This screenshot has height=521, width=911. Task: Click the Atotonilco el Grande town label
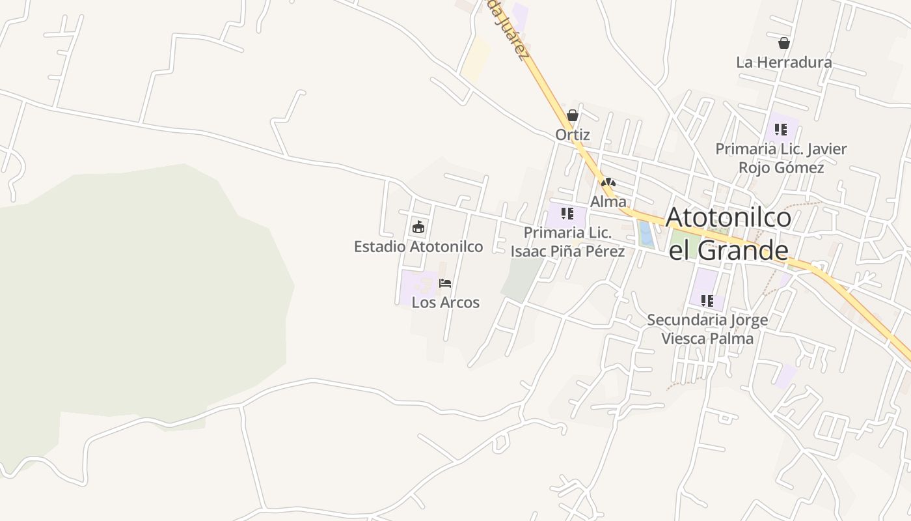[x=728, y=233]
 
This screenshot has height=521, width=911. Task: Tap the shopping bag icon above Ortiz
[x=573, y=116]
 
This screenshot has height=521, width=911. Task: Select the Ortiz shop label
[x=573, y=135]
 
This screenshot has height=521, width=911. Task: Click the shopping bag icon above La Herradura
[x=784, y=43]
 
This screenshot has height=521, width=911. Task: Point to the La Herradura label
[x=783, y=63]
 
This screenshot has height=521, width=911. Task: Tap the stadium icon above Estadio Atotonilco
[x=418, y=227]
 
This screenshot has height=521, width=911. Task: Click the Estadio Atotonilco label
[x=418, y=247]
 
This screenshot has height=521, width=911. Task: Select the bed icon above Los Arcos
[x=445, y=283]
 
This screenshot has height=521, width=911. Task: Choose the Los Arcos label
[x=446, y=303]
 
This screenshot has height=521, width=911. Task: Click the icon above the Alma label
[x=608, y=182]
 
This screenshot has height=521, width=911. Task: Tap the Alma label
[x=608, y=202]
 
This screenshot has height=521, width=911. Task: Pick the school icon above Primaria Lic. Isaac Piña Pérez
[x=567, y=214]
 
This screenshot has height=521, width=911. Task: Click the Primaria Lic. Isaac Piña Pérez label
[x=567, y=242]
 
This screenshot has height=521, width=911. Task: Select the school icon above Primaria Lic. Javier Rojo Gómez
[x=781, y=130]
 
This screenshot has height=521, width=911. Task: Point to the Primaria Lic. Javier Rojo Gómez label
[x=781, y=158]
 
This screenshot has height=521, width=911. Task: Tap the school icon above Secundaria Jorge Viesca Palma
[x=707, y=301]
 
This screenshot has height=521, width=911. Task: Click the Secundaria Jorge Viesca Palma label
[x=707, y=330]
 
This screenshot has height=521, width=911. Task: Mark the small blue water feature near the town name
[x=646, y=234]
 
